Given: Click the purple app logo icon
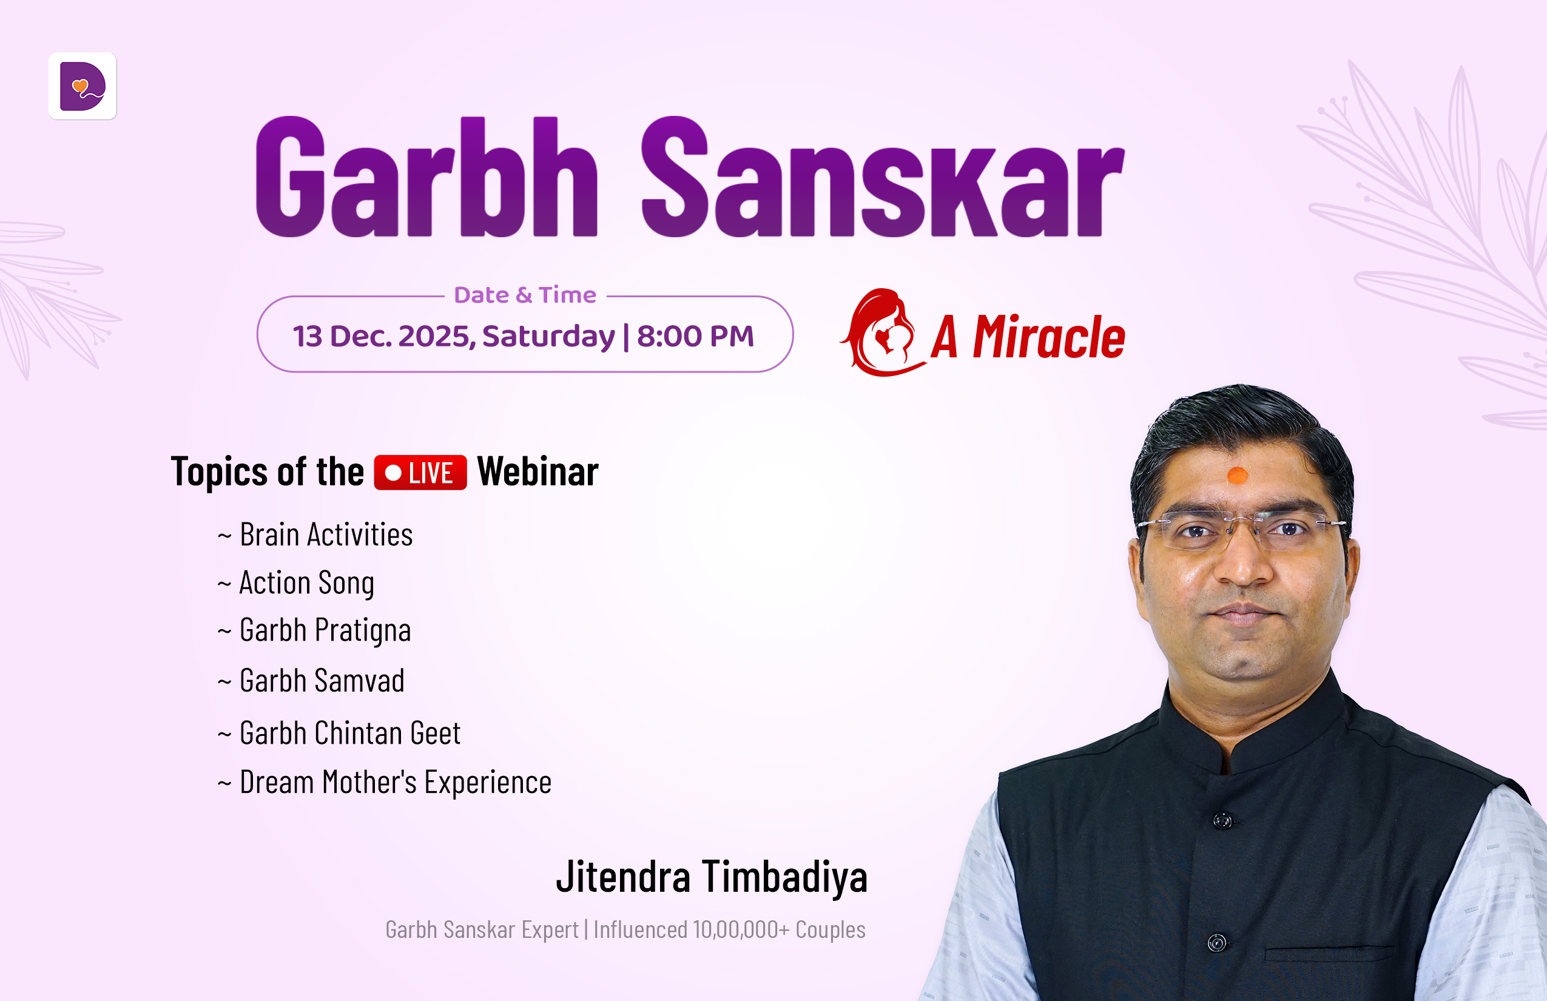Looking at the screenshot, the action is click(x=83, y=86).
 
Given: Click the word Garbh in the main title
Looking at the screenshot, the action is click(x=427, y=177).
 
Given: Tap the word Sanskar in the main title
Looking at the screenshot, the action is click(x=883, y=177).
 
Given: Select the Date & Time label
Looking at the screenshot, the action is click(x=525, y=295).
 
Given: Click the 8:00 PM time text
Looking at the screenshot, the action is click(x=695, y=336).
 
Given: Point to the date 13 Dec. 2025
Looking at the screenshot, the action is click(x=380, y=336).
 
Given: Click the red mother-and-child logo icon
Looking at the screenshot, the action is click(x=882, y=332).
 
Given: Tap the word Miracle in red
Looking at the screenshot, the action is click(x=1049, y=337).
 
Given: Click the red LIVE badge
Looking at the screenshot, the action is click(x=420, y=473).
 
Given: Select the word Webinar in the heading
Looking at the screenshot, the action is click(x=538, y=471).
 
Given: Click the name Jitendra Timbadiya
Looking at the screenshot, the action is click(x=712, y=877).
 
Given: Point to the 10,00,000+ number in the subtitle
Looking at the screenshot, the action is click(x=741, y=930).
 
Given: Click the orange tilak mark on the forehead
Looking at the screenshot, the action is click(x=1237, y=476).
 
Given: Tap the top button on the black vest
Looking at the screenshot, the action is click(x=1222, y=821).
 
